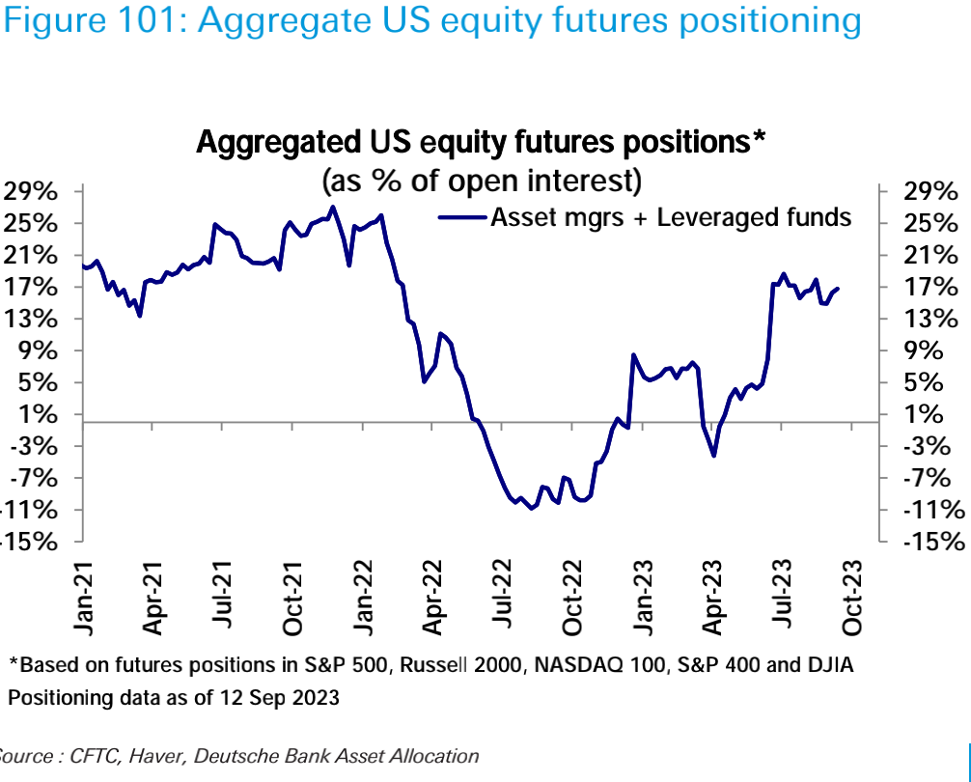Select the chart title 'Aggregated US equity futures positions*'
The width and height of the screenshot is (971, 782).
pos(481,142)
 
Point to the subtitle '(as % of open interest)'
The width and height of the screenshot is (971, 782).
pos(482,180)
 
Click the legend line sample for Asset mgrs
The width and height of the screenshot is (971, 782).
pos(460,218)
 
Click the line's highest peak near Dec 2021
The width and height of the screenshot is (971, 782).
pos(333,207)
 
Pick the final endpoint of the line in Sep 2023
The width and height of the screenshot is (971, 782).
pos(838,288)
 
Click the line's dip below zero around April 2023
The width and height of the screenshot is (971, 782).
pos(713,456)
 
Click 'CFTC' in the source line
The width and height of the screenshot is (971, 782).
pos(93,756)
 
